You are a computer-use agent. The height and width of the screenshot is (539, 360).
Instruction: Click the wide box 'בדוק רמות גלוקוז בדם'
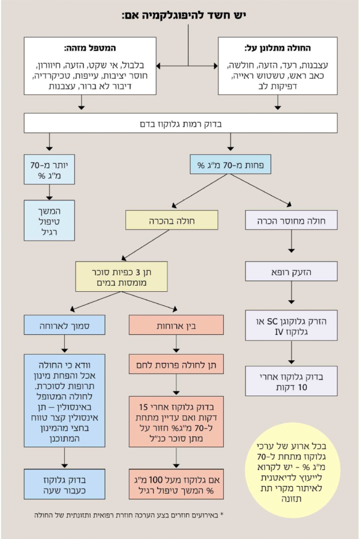[179, 124]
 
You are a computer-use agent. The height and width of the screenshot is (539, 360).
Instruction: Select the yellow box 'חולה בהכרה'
[161, 220]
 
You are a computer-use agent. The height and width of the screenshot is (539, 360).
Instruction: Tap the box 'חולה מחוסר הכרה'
[291, 220]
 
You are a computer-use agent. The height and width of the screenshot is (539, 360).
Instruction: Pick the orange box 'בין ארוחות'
[175, 325]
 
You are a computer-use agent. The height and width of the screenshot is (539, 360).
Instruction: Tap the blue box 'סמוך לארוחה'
[64, 325]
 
